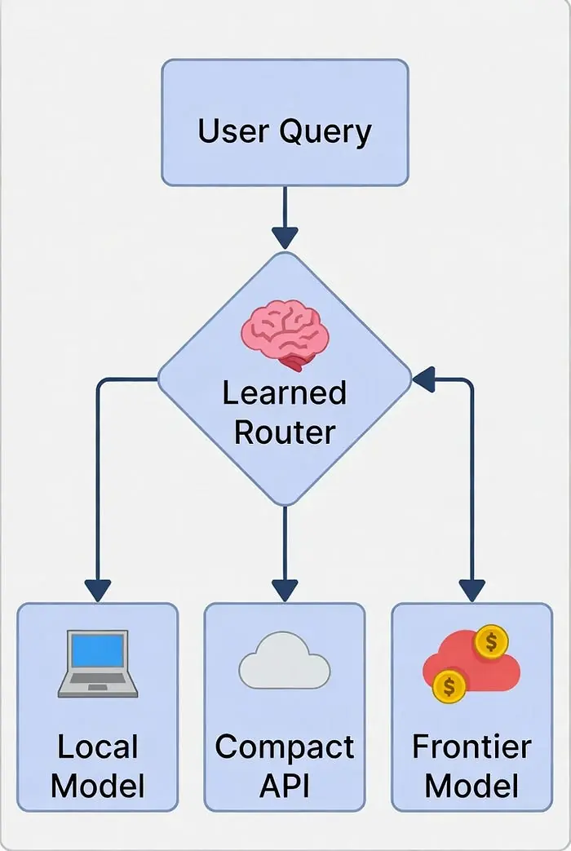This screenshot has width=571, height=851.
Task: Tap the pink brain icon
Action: point(285,333)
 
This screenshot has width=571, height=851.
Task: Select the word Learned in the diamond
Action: point(285,392)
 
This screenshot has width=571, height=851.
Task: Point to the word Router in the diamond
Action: point(285,432)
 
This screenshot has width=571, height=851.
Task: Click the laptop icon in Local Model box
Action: point(98,663)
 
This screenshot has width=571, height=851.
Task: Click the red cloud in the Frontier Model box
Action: point(471,663)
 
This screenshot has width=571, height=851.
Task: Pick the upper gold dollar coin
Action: point(491,642)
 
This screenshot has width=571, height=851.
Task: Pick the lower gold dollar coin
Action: point(449,685)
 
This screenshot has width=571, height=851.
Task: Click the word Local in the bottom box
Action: point(98,747)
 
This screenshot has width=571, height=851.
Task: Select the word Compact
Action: point(285,747)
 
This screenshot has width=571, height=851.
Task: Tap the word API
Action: point(285,786)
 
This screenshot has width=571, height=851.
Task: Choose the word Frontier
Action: point(471,747)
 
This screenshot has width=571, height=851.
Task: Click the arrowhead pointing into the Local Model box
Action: point(98,590)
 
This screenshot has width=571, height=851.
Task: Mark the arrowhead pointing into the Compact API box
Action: point(285,590)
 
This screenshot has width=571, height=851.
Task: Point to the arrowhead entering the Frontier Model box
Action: point(471,590)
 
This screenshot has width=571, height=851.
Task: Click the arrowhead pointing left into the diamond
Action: point(423,379)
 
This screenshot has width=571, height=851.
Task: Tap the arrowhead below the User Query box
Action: point(285,237)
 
